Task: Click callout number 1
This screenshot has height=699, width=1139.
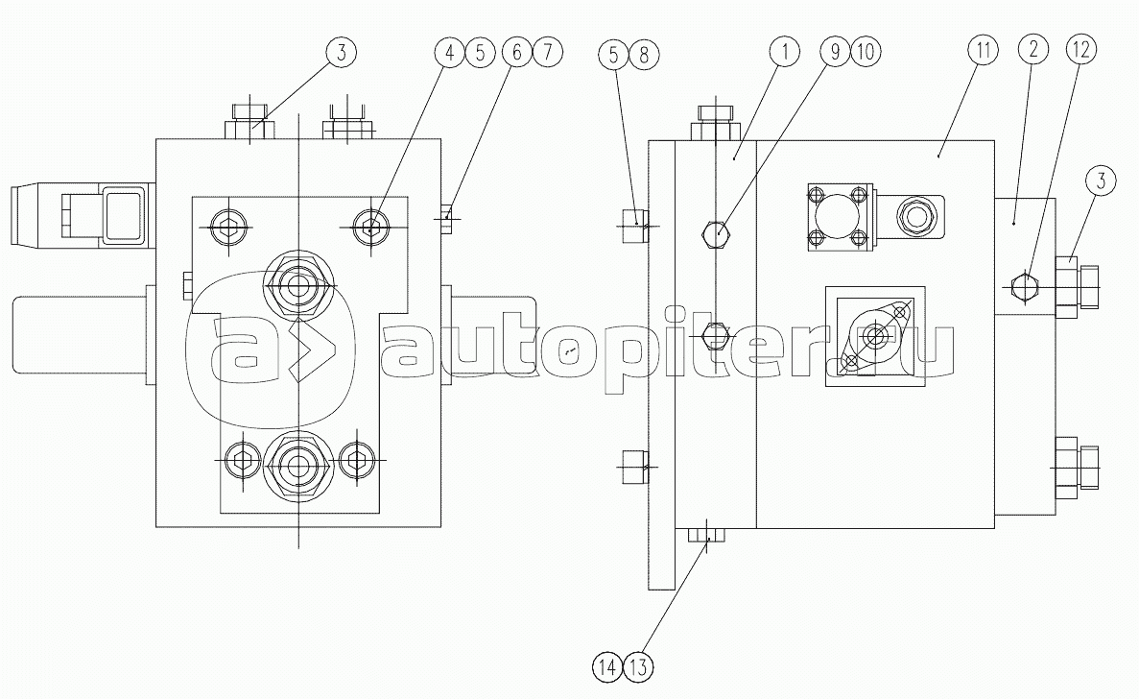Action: [x=785, y=52]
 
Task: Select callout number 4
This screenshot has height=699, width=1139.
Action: [x=450, y=53]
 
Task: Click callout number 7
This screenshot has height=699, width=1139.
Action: [x=547, y=52]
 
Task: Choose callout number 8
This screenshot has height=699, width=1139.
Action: [x=644, y=54]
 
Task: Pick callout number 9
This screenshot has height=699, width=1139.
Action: [x=836, y=52]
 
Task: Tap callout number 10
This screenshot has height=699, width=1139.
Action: [x=866, y=52]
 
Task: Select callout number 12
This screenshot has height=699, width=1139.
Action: [x=1080, y=49]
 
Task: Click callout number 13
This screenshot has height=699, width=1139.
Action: [x=638, y=666]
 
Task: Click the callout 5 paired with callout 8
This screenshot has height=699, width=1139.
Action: [x=614, y=54]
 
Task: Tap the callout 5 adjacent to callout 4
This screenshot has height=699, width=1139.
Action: [x=480, y=53]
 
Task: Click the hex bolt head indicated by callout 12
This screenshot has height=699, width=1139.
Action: [x=1024, y=286]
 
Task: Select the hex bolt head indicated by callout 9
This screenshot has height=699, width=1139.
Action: [x=716, y=233]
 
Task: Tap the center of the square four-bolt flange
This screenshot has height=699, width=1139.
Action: [x=838, y=217]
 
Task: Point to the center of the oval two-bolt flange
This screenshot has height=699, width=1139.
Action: [x=875, y=336]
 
